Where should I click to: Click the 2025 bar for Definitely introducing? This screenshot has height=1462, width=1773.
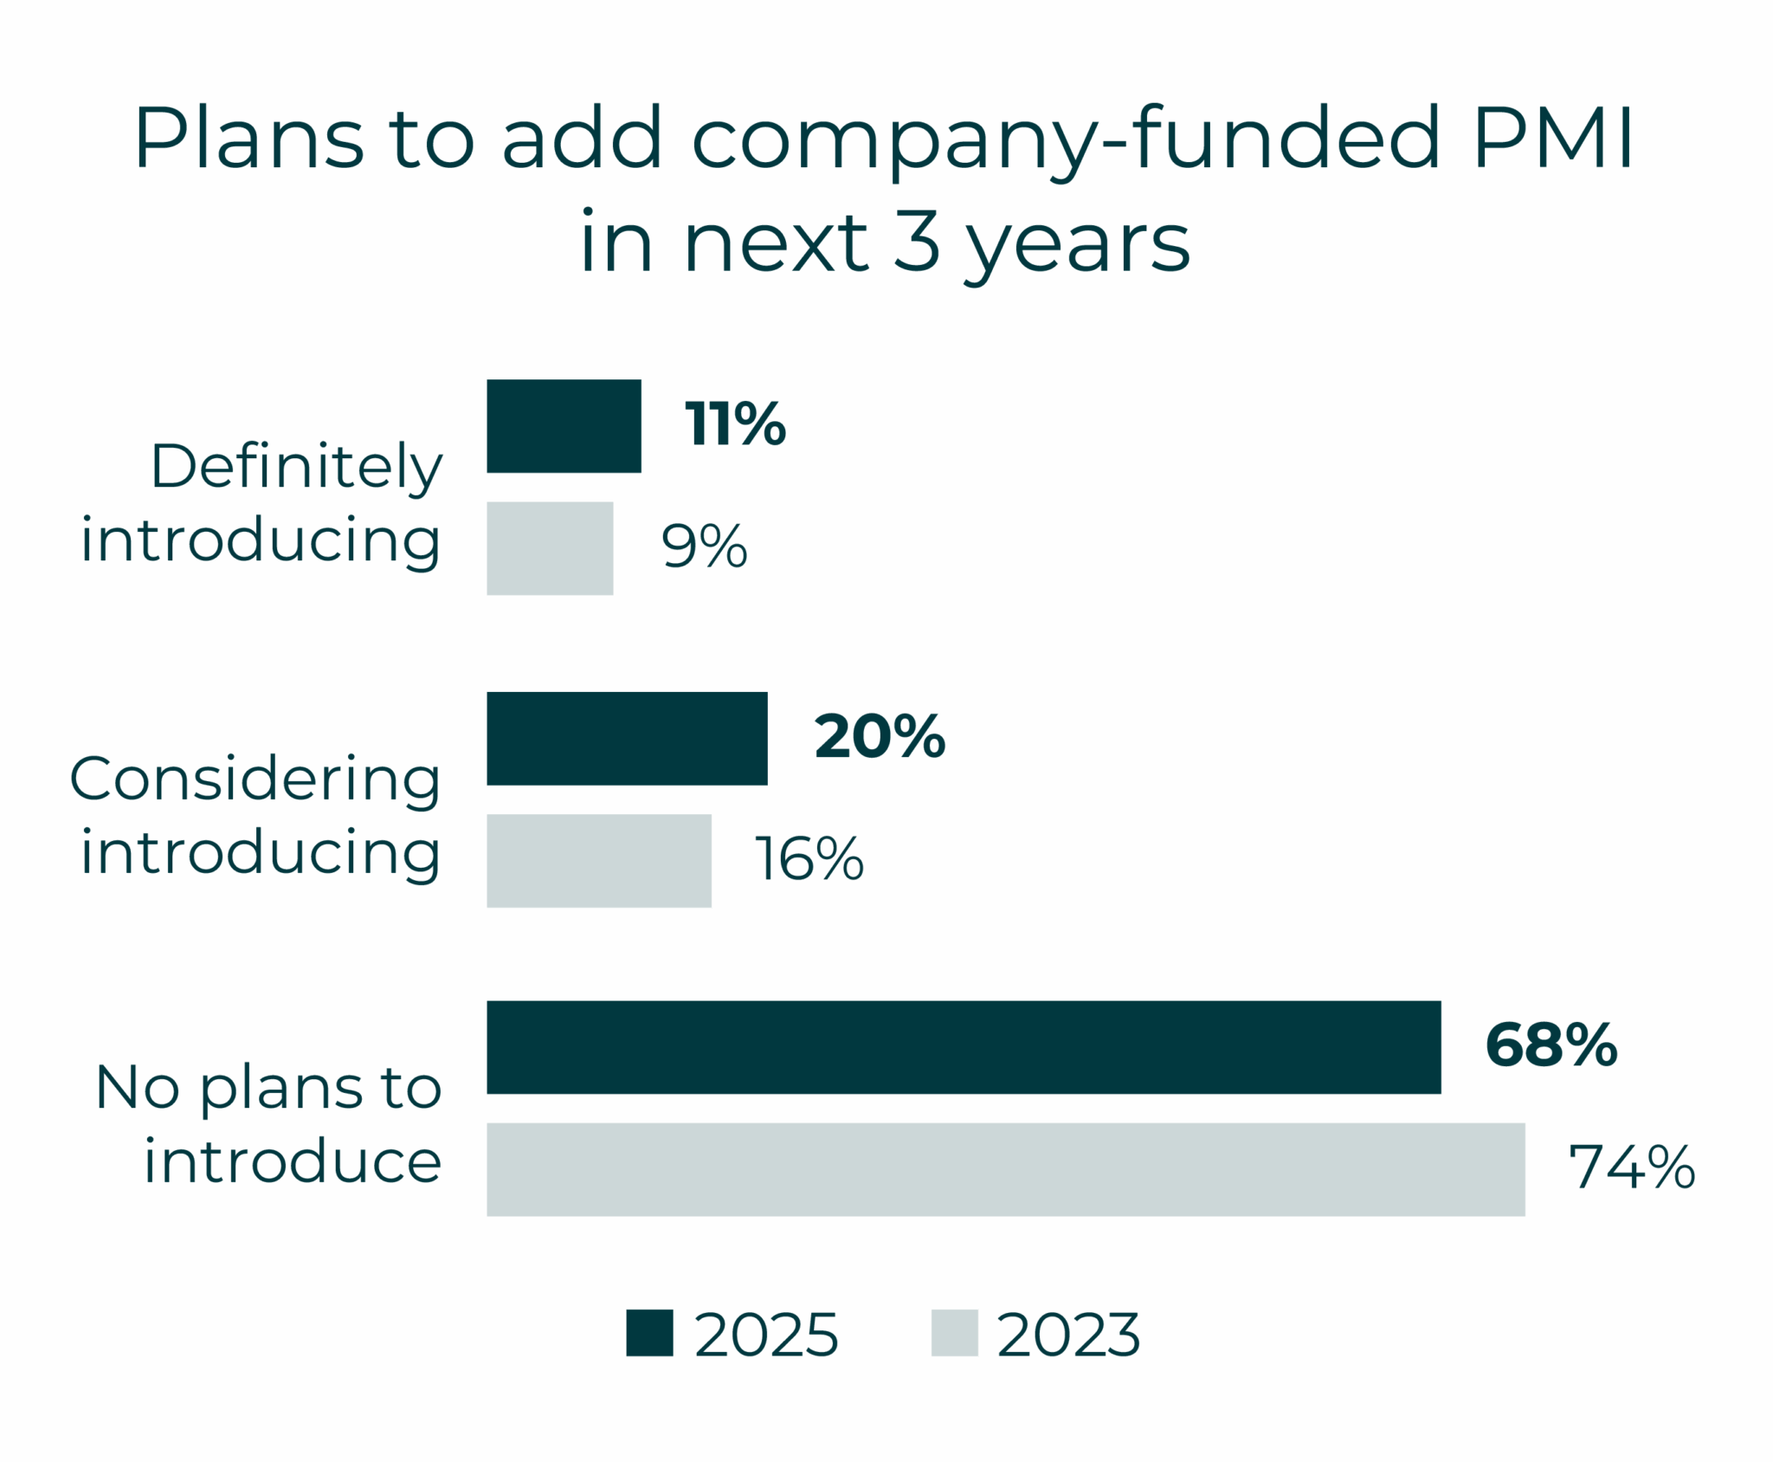(564, 426)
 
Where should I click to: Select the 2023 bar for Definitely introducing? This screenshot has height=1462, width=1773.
(550, 548)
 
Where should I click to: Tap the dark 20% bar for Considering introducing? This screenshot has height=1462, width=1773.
(627, 739)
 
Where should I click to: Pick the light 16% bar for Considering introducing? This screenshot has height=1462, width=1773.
(599, 861)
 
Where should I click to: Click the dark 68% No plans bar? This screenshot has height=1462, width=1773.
(964, 1047)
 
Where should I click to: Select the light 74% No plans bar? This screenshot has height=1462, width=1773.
(1006, 1169)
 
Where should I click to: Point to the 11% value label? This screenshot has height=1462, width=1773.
(735, 424)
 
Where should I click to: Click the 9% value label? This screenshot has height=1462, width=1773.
(704, 547)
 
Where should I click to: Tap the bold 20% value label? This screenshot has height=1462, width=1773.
(880, 737)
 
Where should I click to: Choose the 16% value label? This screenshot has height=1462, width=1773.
(809, 859)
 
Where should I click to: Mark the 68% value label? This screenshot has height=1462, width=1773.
(1551, 1045)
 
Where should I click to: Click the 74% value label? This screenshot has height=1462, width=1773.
(1632, 1167)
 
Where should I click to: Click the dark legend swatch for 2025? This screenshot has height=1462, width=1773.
(649, 1332)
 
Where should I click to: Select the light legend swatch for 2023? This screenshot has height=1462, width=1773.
(954, 1332)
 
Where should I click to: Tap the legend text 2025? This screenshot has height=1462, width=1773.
(766, 1335)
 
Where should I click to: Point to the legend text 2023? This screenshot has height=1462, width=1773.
(1068, 1335)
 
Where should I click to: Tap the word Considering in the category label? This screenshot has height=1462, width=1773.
(255, 780)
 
